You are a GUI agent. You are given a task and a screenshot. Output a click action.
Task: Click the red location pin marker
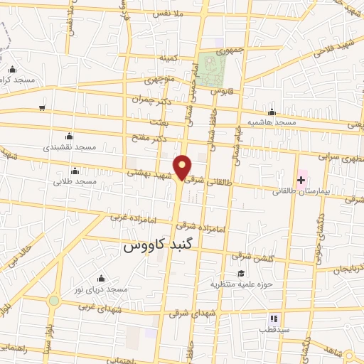click(x=183, y=166)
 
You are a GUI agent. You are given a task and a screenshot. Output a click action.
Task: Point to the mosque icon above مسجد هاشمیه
click(x=272, y=112)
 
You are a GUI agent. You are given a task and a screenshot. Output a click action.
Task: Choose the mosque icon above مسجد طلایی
click(x=75, y=171)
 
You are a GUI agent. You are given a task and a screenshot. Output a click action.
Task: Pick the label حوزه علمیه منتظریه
click(x=240, y=284)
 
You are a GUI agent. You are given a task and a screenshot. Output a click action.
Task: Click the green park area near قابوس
click(x=212, y=70)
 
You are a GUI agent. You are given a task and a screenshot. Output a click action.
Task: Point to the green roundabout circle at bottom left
click(x=54, y=301)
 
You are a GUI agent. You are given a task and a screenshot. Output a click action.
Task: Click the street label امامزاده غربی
click(x=128, y=217)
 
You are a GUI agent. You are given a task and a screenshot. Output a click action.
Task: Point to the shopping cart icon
click(x=43, y=108)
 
